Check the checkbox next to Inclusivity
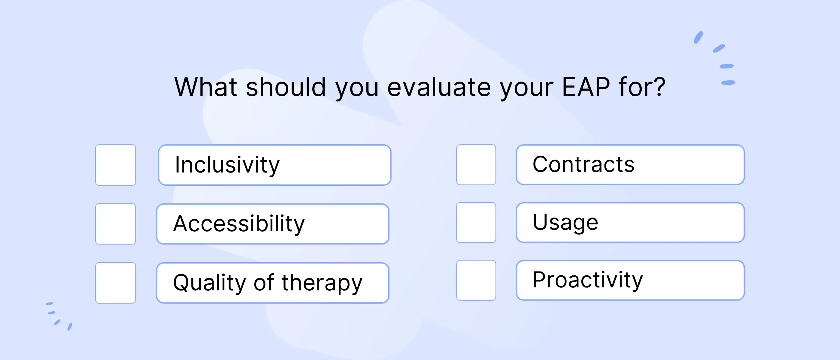point(115,165)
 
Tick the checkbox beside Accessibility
point(115,224)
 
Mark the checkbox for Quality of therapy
point(115,283)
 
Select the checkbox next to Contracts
point(476,165)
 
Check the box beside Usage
point(476,222)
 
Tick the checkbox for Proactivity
point(476,280)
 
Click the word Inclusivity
point(227,165)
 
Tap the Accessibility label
point(239,224)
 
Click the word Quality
point(209,283)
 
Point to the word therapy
point(322,283)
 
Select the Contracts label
point(583,164)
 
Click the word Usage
point(565,222)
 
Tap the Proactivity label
point(588,280)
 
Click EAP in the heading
point(586,87)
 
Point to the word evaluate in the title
point(439,87)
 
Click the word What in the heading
point(206,87)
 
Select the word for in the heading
point(633,87)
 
